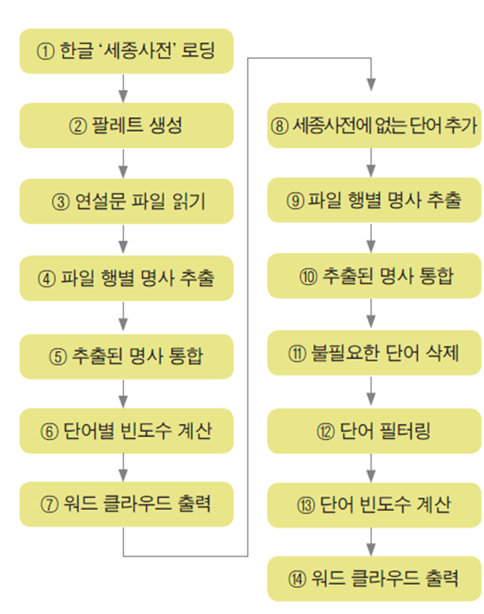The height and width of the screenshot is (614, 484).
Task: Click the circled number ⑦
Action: (x=49, y=504)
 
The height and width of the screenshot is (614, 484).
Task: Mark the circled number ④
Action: (x=47, y=278)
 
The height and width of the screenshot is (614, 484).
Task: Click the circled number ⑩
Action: (x=309, y=277)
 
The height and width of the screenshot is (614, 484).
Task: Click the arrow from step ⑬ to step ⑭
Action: (x=370, y=541)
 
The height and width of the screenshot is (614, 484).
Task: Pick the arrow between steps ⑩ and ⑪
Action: (x=370, y=314)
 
